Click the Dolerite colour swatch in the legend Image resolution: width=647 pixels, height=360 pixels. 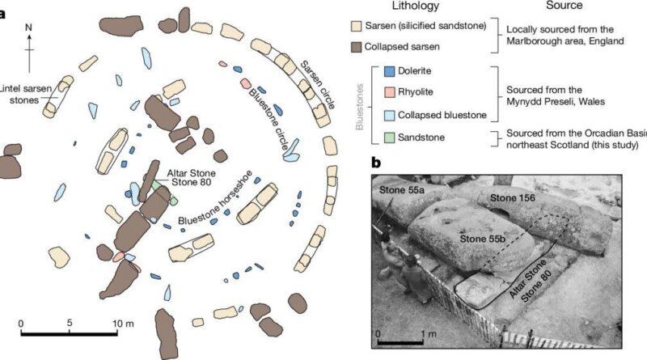390,71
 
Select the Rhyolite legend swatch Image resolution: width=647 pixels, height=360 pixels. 390,92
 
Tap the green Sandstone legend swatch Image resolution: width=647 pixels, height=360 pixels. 390,138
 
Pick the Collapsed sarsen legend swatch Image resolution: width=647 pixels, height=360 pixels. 356,47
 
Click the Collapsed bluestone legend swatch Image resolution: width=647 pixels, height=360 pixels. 390,115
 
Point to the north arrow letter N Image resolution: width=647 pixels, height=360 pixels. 28,28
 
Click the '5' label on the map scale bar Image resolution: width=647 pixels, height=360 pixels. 70,323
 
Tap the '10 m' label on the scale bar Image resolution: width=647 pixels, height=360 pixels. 123,324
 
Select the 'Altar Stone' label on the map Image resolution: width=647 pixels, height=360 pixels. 191,173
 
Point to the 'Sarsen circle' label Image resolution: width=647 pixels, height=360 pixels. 317,85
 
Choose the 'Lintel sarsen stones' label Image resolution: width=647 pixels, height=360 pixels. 26,94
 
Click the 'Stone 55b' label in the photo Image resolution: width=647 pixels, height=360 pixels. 480,239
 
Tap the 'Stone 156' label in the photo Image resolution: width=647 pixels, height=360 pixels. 512,198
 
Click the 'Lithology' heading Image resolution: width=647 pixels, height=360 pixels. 416,6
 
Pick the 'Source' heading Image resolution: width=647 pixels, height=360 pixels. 564,6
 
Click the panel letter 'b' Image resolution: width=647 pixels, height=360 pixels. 376,163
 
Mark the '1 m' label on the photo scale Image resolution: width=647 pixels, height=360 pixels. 428,333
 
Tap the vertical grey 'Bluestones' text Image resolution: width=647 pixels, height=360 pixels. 360,107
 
